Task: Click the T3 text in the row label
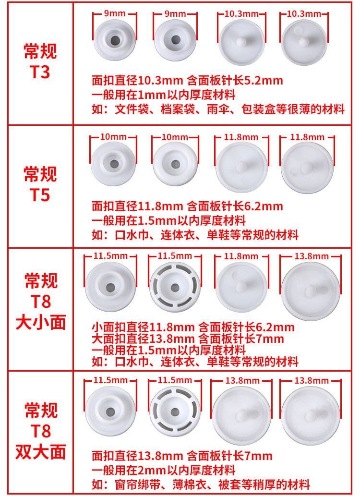tap(40, 73)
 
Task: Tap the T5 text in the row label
tap(40, 195)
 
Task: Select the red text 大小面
tap(41, 322)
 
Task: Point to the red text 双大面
tap(41, 452)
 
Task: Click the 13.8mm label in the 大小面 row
tap(311, 256)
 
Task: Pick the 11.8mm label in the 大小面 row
tap(241, 256)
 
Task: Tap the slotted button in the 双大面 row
tap(175, 411)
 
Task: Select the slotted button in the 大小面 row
tap(175, 288)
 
